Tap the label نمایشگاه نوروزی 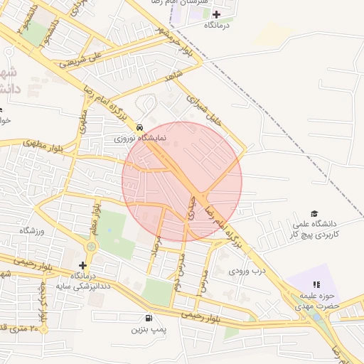140,138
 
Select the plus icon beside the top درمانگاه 217,14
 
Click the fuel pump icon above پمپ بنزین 148,318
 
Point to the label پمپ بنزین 148,330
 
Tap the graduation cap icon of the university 314,213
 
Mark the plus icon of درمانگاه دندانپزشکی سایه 82,264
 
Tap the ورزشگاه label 32,231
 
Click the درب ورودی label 247,271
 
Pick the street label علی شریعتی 82,60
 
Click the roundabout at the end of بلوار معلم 92,247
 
